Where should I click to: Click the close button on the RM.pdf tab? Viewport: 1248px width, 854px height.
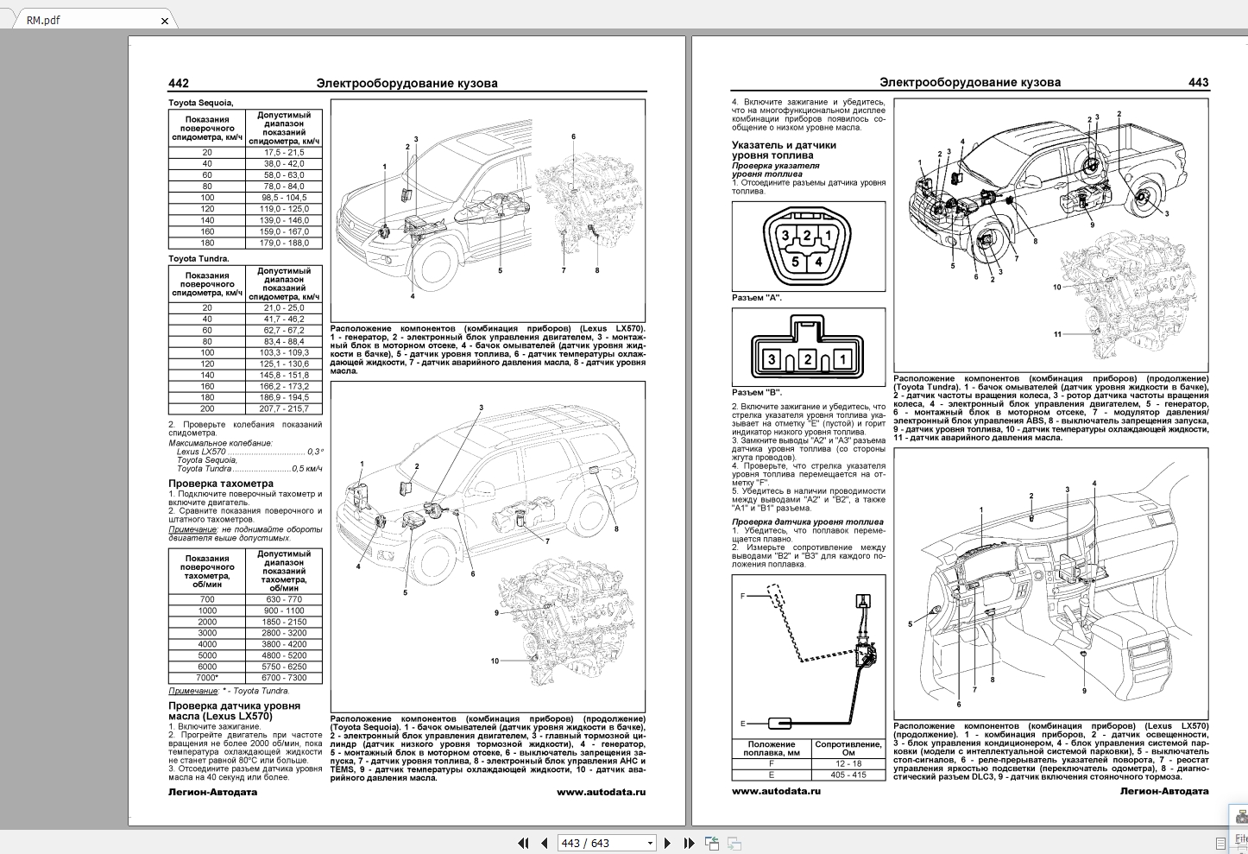[165, 21]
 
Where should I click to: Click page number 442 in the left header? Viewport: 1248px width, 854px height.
[179, 84]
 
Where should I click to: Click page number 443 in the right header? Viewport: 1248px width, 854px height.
[1198, 83]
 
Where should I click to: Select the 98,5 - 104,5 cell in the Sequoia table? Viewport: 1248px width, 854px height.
[284, 198]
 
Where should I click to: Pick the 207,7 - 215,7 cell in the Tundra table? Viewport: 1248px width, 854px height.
[284, 408]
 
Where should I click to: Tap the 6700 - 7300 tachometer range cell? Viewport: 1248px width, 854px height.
[285, 678]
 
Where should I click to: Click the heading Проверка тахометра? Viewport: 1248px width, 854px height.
[221, 484]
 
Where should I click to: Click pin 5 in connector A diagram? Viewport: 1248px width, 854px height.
[795, 262]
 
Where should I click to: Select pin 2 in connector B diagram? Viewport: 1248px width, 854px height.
[807, 359]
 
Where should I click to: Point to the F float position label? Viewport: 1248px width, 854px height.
[742, 596]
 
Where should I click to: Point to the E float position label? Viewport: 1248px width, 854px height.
[742, 724]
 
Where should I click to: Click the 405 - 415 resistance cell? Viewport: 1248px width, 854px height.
[848, 775]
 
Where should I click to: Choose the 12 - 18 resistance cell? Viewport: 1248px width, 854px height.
[848, 763]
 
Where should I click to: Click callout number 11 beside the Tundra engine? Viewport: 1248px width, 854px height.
[1057, 334]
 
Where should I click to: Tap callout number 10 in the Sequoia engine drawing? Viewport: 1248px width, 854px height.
[495, 661]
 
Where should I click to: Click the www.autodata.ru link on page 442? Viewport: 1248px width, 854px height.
[601, 792]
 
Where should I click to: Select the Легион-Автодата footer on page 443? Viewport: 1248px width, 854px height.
[1163, 791]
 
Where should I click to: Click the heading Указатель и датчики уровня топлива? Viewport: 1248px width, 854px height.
[784, 150]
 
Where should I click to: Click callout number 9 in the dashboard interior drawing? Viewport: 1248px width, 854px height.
[1084, 691]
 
